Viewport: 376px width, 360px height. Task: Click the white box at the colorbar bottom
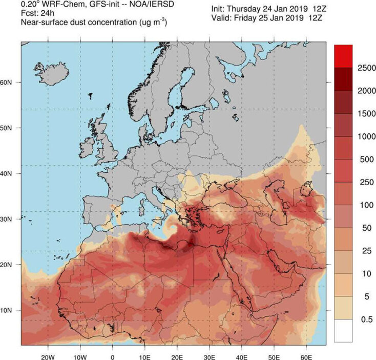343,331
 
